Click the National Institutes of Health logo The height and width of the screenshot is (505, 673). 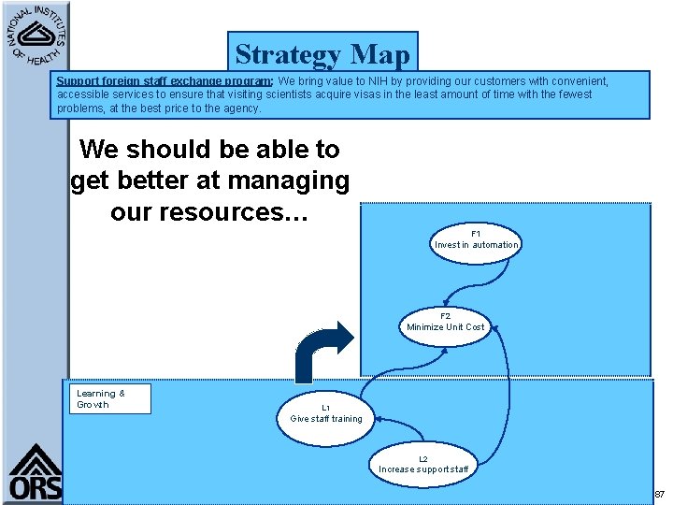(36, 35)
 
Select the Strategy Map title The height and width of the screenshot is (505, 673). (322, 54)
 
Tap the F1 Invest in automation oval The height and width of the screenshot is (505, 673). (476, 239)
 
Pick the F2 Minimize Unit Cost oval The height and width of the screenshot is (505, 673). (446, 322)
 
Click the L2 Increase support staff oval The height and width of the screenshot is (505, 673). (423, 464)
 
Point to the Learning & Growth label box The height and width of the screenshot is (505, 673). (113, 399)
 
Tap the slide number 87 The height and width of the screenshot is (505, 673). (659, 494)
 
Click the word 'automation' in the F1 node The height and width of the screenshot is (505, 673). (494, 245)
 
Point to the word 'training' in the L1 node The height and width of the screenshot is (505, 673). (347, 419)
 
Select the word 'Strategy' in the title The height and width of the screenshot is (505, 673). (286, 54)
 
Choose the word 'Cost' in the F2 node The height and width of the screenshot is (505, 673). (474, 327)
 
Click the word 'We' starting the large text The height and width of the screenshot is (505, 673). (100, 149)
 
